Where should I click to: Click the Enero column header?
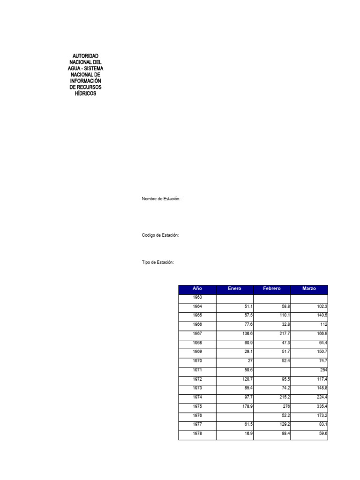pos(234,288)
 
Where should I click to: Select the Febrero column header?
pos(272,288)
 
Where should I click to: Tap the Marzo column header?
pos(309,288)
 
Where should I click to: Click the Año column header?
pos(197,288)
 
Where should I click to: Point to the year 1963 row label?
pos(197,298)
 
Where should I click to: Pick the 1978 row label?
pos(197,434)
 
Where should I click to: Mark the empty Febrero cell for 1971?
pos(272,370)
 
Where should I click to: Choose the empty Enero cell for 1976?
pos(234,416)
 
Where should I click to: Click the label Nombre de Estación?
pos(161,199)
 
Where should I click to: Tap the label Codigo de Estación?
pos(161,235)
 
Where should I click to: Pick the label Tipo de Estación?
pos(158,262)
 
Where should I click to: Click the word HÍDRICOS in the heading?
pos(85,94)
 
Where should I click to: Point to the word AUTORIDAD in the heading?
pos(85,56)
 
